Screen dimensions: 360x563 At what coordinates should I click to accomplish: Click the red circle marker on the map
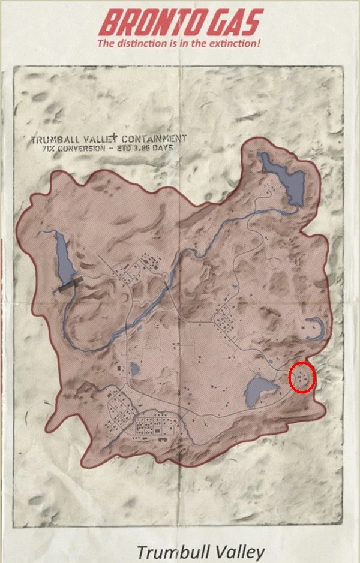(x=302, y=378)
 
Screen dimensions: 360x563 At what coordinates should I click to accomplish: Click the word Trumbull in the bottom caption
(x=174, y=552)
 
